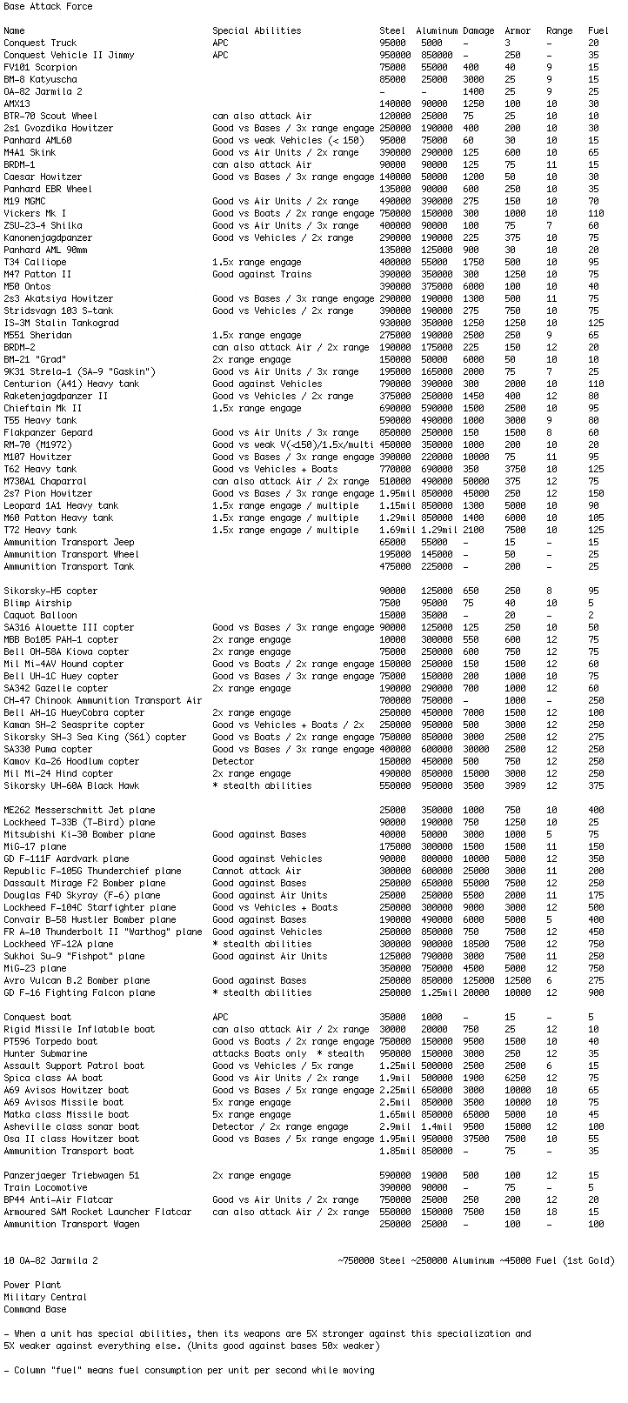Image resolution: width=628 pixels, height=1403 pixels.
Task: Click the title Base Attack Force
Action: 48,6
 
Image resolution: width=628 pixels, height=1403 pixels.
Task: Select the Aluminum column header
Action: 436,30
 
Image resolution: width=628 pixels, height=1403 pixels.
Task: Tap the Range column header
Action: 559,30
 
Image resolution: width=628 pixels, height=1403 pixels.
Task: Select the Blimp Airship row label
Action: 37,603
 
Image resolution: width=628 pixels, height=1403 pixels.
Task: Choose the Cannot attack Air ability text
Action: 257,871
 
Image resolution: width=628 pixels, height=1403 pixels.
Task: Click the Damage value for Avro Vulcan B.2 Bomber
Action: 478,980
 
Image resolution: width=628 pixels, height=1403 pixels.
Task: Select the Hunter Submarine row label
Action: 45,1053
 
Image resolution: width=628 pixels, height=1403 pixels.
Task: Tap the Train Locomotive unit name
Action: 45,1187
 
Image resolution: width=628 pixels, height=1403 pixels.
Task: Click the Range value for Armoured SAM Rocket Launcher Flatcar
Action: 551,1212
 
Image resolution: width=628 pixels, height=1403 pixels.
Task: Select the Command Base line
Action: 35,1309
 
